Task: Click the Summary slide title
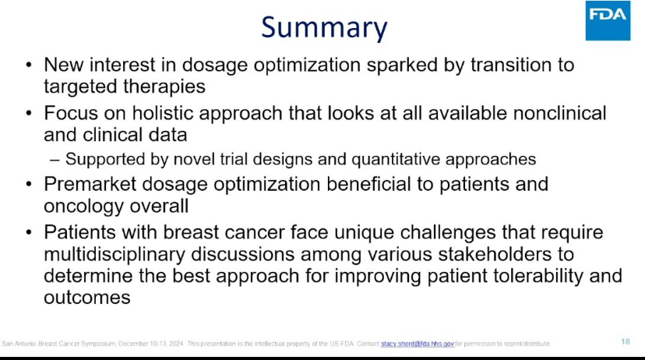pos(324,28)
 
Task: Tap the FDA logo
pos(608,20)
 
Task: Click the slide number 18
pos(626,341)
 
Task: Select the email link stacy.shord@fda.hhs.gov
pos(417,344)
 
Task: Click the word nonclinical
pos(559,113)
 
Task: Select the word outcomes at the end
pos(86,298)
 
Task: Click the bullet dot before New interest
pos(28,65)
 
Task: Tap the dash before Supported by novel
pos(54,160)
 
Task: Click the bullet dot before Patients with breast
pos(28,232)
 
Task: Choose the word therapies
pos(164,87)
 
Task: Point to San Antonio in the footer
pos(19,344)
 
